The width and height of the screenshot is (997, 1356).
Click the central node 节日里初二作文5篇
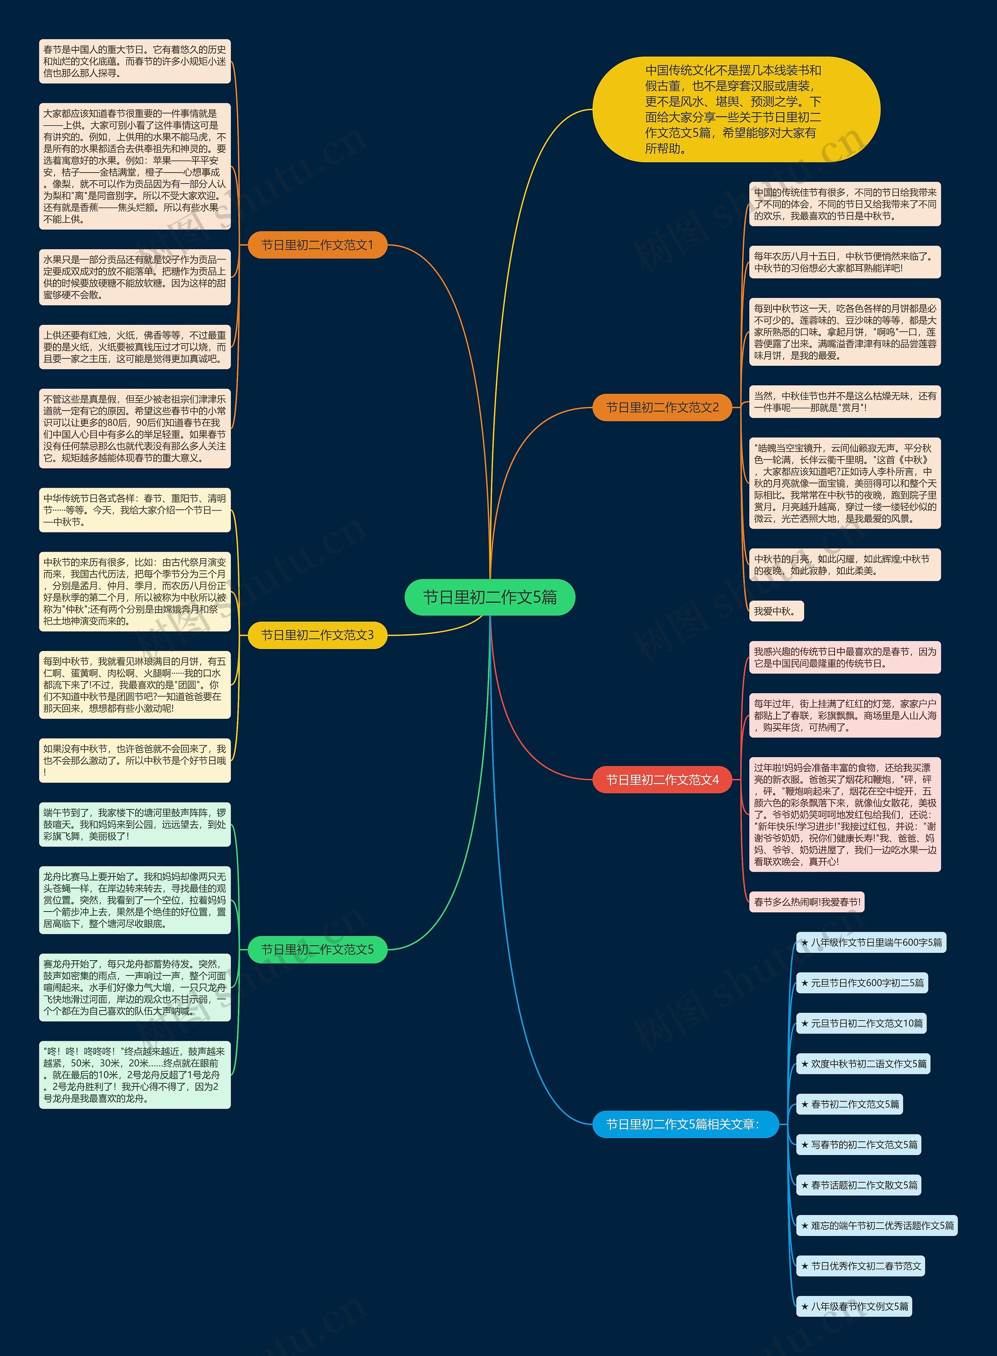[490, 598]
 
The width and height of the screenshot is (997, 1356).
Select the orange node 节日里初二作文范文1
[317, 245]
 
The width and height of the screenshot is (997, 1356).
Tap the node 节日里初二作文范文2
[662, 407]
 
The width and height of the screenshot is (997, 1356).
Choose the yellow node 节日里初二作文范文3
[317, 635]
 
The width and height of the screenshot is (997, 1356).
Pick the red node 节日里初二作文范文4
[662, 780]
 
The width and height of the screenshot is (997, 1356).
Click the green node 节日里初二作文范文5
[317, 949]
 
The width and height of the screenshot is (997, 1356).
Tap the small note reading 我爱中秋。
[776, 611]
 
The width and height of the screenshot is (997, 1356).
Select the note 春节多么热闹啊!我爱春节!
[806, 902]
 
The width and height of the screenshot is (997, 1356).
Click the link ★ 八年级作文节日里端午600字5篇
[871, 943]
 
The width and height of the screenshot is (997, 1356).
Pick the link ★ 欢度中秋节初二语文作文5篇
[863, 1064]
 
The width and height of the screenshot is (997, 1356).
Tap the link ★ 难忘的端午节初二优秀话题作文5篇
[877, 1226]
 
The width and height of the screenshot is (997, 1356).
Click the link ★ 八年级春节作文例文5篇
[854, 1307]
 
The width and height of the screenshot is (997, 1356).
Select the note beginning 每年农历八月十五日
[844, 262]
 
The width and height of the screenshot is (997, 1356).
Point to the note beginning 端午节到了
[135, 824]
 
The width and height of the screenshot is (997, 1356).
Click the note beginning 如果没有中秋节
[135, 760]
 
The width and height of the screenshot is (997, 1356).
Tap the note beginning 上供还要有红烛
[135, 347]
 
